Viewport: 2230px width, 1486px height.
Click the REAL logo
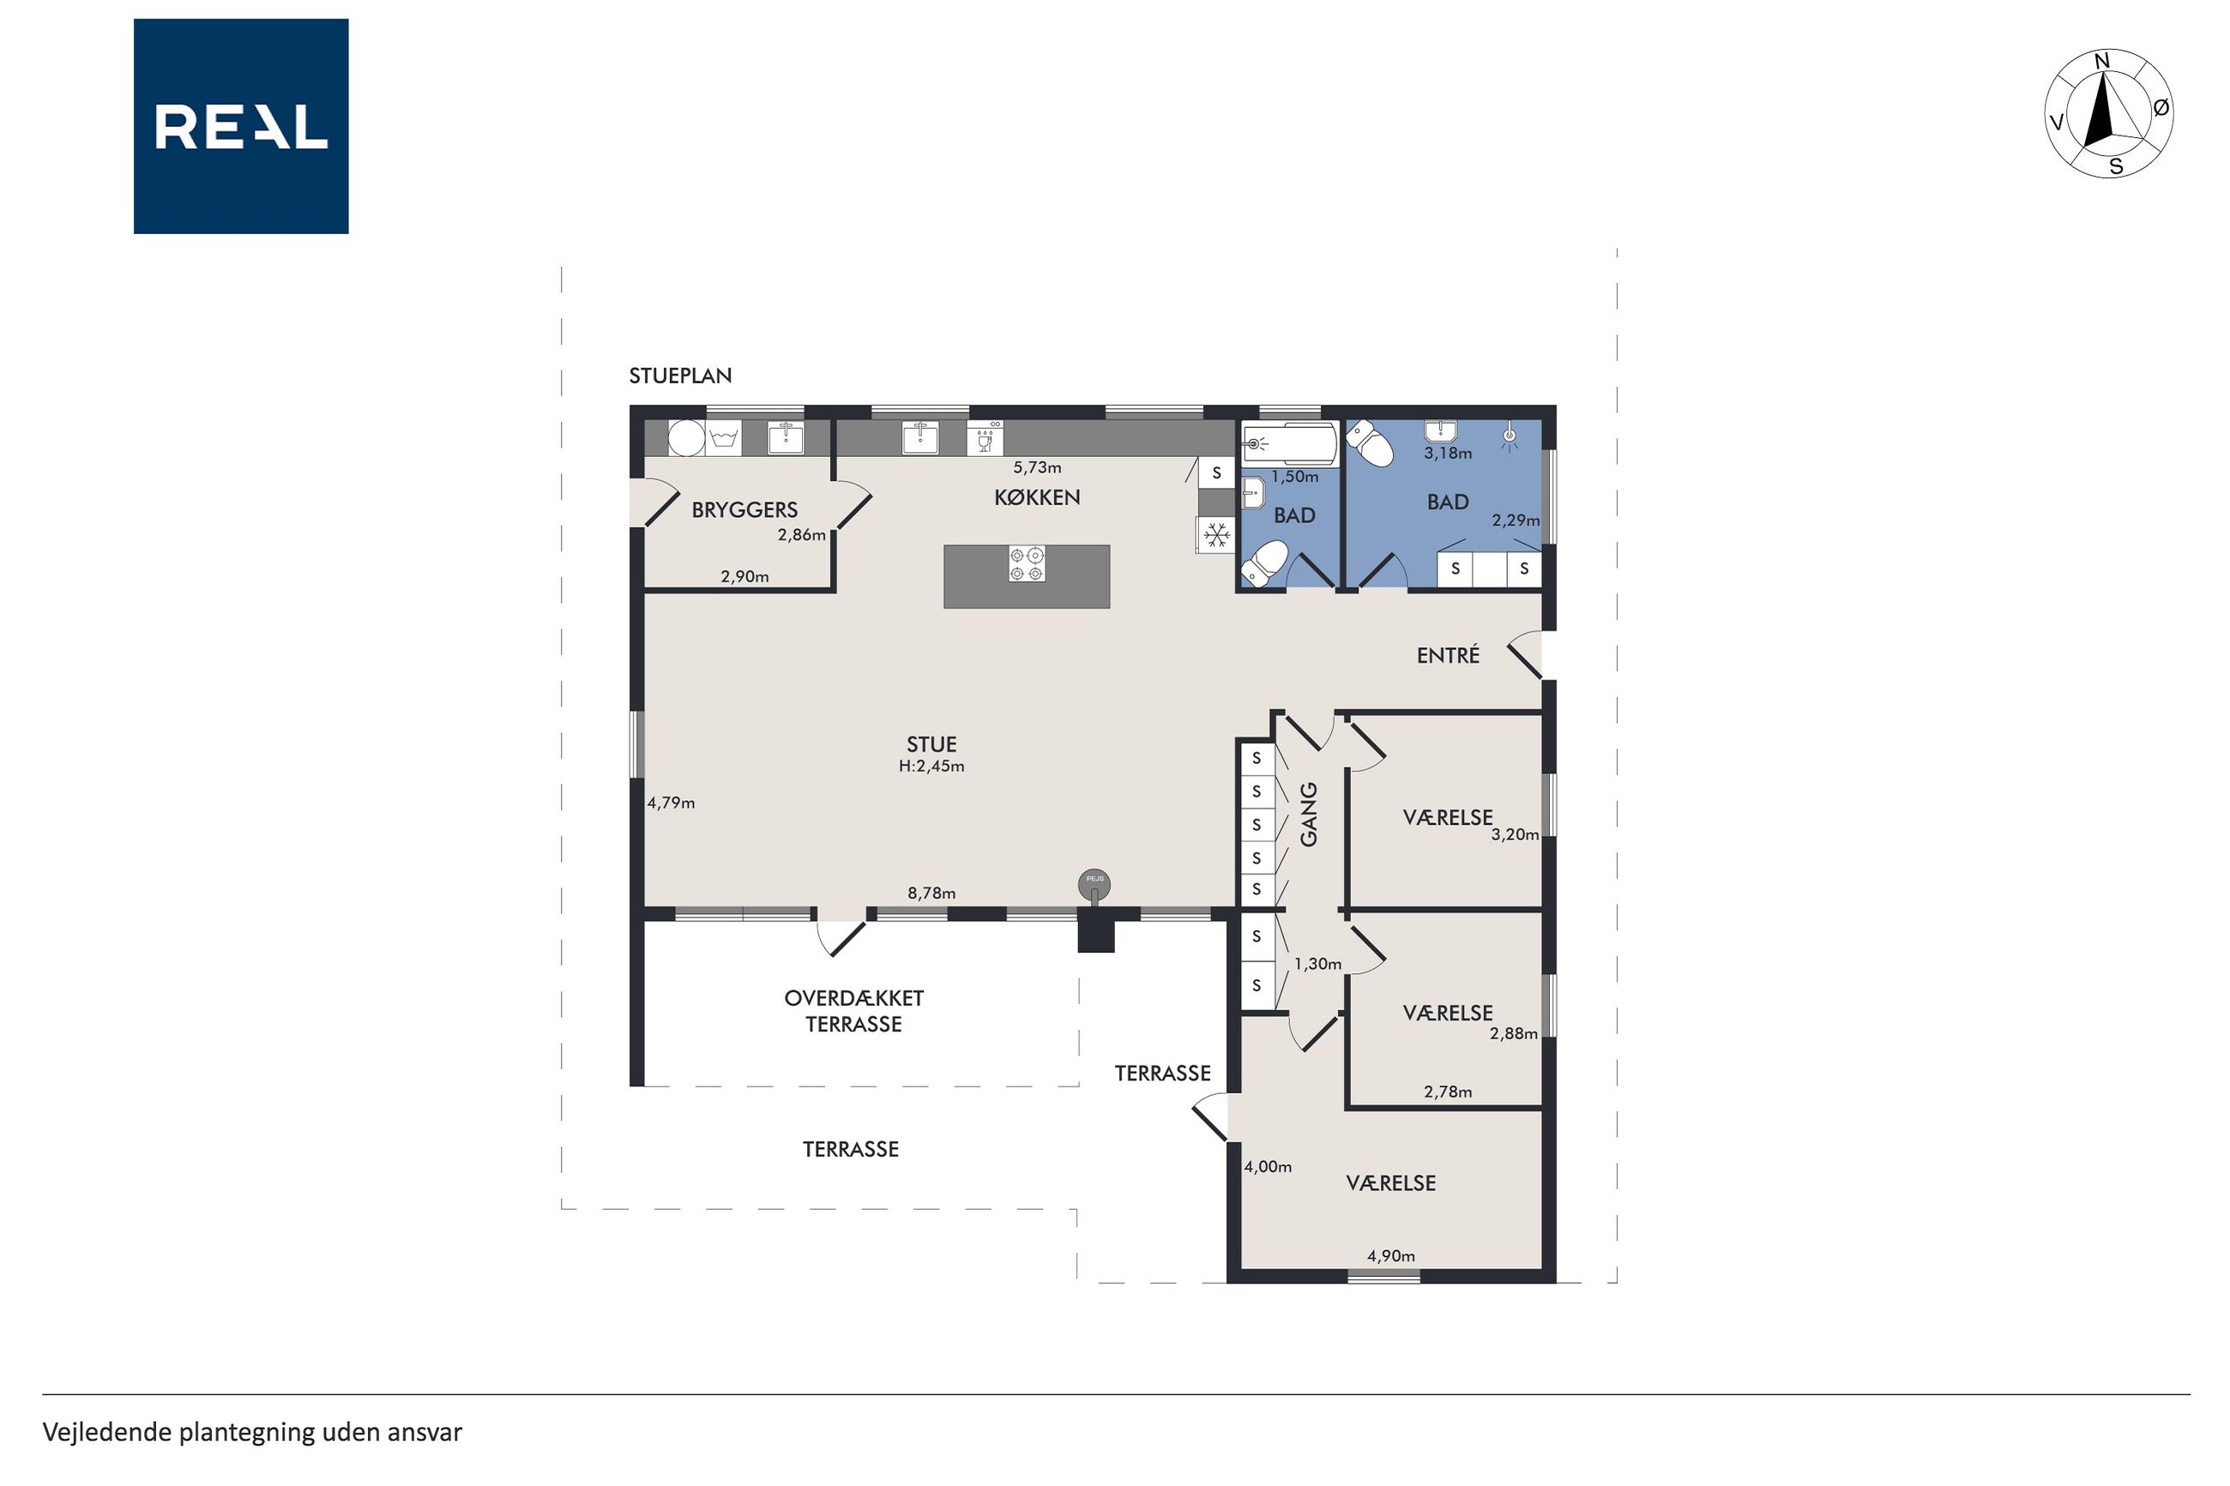(241, 126)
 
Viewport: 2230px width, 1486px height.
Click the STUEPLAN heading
(680, 376)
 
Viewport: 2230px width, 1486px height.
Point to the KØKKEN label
(1037, 497)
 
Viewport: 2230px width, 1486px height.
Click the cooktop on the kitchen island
(1027, 564)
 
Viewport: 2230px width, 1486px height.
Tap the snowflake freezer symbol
(1217, 535)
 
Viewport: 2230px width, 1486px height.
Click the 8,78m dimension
(931, 893)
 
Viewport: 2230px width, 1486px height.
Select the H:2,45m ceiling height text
(931, 766)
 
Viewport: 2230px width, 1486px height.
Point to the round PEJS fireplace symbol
(1094, 884)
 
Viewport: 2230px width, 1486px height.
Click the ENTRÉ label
(1447, 655)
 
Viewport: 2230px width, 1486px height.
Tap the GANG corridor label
(1309, 814)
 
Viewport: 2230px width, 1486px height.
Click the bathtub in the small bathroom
(1290, 443)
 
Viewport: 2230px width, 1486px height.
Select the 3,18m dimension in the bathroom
(1448, 453)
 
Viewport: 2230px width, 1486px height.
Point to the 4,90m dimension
(1390, 1255)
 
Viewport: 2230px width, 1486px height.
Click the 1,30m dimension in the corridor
(1317, 964)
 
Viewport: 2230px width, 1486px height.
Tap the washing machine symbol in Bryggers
(723, 438)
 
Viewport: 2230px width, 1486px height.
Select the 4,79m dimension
(671, 803)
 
